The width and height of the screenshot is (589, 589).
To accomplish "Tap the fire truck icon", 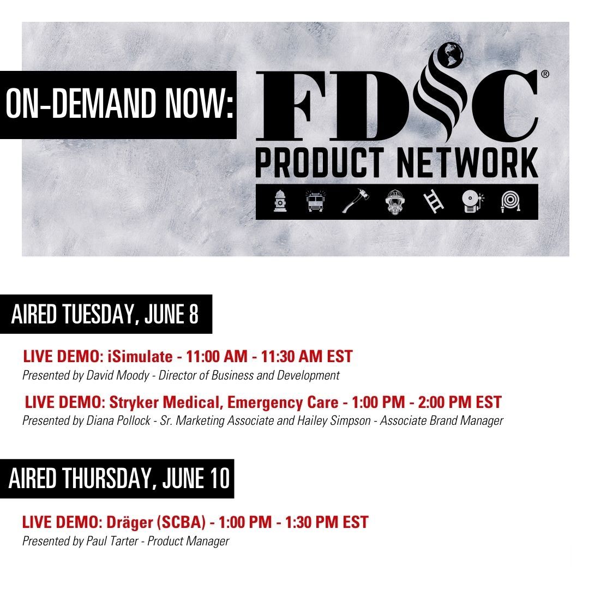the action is pyautogui.click(x=315, y=201).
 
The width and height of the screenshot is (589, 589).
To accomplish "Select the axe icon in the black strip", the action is pyautogui.click(x=356, y=201).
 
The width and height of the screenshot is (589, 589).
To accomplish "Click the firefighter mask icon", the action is pyautogui.click(x=395, y=202).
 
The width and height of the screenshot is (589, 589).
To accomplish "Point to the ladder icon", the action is pyautogui.click(x=434, y=201).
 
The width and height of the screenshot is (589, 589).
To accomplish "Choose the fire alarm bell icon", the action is pyautogui.click(x=473, y=201).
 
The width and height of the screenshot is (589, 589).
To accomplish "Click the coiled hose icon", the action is pyautogui.click(x=510, y=201).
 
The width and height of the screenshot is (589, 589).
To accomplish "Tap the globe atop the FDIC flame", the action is pyautogui.click(x=451, y=55).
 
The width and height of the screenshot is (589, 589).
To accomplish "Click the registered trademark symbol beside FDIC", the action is pyautogui.click(x=545, y=74).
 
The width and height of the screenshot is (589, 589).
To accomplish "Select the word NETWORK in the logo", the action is pyautogui.click(x=467, y=163).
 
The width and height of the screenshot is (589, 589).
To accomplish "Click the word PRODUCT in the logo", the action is pyautogui.click(x=320, y=163).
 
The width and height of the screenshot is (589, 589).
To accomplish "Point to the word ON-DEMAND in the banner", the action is pyautogui.click(x=81, y=103).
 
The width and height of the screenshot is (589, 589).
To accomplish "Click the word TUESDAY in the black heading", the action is pyautogui.click(x=99, y=314).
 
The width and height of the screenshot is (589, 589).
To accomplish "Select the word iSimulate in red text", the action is pyautogui.click(x=140, y=357).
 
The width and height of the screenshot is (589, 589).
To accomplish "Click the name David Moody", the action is pyautogui.click(x=118, y=375).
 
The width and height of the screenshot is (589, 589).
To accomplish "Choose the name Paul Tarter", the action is pyautogui.click(x=112, y=541).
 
